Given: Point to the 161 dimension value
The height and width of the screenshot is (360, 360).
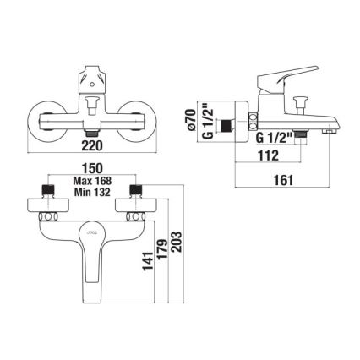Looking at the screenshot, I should (x=290, y=180).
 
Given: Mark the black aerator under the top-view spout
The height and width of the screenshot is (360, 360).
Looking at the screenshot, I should (x=93, y=136).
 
